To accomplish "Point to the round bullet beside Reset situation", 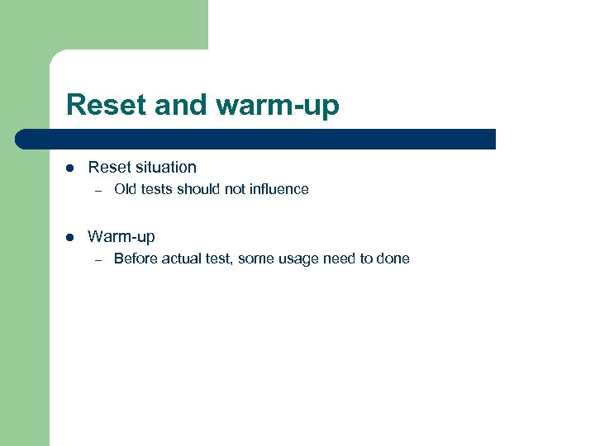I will pos(70,168).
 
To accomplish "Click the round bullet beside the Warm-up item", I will pos(70,237).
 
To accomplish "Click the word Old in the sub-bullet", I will pos(126,189).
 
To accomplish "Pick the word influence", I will pos(278,189).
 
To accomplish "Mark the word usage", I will pos(298,259).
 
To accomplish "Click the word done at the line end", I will pos(393,259).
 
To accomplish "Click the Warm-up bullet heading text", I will pos(121,237).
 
